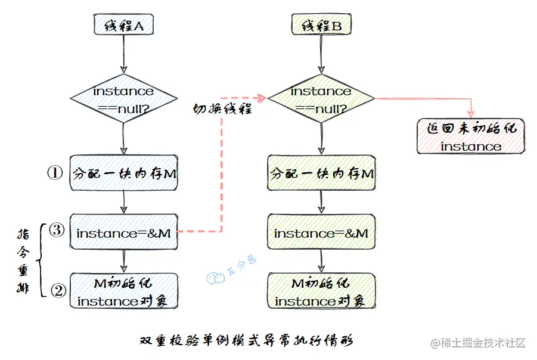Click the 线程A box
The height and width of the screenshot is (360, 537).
click(123, 26)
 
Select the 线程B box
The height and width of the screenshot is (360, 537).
click(321, 26)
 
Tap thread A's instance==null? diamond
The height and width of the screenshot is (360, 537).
click(123, 98)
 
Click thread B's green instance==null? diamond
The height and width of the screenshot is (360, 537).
click(321, 98)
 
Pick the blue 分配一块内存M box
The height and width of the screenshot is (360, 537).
click(123, 173)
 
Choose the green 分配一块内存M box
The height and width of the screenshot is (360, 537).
click(321, 173)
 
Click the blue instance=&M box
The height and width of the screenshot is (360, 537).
click(123, 232)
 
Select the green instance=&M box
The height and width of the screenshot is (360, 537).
click(321, 232)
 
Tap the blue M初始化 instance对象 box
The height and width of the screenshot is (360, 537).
click(123, 291)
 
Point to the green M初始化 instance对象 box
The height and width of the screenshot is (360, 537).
click(321, 291)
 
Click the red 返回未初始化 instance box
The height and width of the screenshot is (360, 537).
click(471, 136)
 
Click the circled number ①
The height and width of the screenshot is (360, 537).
click(55, 173)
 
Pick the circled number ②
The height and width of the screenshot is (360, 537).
click(58, 290)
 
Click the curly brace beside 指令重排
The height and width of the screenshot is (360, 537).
click(41, 260)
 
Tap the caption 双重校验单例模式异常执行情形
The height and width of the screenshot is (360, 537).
click(246, 341)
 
